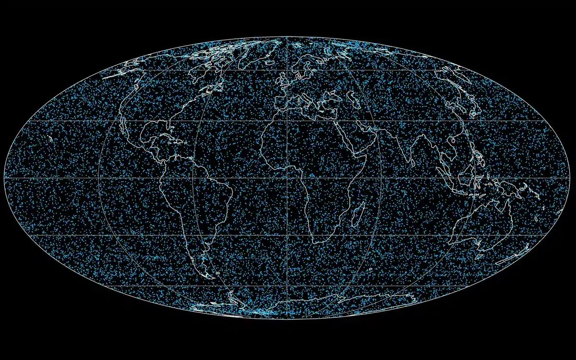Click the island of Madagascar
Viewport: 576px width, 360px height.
tap(358, 214)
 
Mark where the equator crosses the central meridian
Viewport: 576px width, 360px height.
tap(288, 178)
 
